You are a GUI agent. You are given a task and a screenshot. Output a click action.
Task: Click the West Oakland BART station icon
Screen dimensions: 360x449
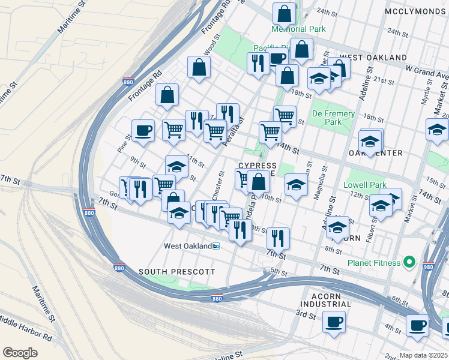pos(216,246)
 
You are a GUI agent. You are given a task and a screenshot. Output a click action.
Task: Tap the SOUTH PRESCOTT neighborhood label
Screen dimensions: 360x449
pos(176,272)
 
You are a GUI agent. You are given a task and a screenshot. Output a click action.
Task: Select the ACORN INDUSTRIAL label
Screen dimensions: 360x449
pos(334,301)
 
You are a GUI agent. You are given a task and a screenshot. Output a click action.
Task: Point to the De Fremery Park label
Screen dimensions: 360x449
pos(333,118)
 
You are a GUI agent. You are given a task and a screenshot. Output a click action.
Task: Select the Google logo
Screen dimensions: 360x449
pos(20,352)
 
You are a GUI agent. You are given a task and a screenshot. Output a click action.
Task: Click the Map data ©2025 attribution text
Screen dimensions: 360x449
pos(423,355)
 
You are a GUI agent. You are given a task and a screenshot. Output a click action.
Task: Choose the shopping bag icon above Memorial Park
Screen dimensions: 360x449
pos(284,13)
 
